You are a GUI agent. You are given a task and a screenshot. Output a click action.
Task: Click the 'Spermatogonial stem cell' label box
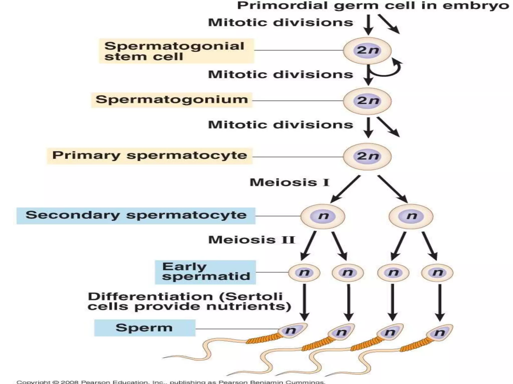coord(176,51)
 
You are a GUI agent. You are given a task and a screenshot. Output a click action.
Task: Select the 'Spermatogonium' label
coord(172,99)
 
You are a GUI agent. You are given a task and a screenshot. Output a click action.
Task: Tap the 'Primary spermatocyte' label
coord(150,155)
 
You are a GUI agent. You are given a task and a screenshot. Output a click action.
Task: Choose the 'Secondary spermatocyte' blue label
coord(136,215)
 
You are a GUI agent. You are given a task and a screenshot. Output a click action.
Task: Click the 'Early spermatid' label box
coord(205,272)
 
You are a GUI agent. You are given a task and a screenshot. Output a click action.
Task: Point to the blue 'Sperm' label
coord(145,328)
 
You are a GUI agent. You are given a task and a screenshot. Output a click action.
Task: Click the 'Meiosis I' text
coord(289,182)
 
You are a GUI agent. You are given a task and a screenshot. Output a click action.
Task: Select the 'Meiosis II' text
coord(251,240)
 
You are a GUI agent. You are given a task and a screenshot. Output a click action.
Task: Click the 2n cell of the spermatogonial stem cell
coord(367,51)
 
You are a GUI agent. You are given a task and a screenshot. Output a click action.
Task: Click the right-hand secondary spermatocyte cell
coord(411,216)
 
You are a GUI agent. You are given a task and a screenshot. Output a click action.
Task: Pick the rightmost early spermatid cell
coord(437,272)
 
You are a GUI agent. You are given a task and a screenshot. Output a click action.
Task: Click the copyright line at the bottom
coord(170,382)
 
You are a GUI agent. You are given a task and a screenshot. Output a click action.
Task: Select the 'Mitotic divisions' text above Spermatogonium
coord(281,74)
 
